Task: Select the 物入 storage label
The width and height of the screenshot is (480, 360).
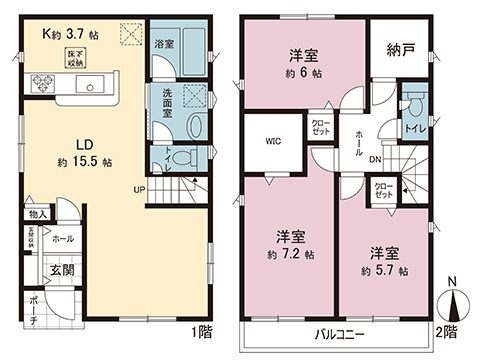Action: (x=38, y=213)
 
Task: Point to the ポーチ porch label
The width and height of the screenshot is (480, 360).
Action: (x=32, y=310)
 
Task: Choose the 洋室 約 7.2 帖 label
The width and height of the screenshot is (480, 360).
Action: (x=291, y=247)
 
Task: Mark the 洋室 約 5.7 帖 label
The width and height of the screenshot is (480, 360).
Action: (x=384, y=262)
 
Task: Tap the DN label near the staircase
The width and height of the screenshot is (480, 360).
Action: (x=372, y=159)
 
